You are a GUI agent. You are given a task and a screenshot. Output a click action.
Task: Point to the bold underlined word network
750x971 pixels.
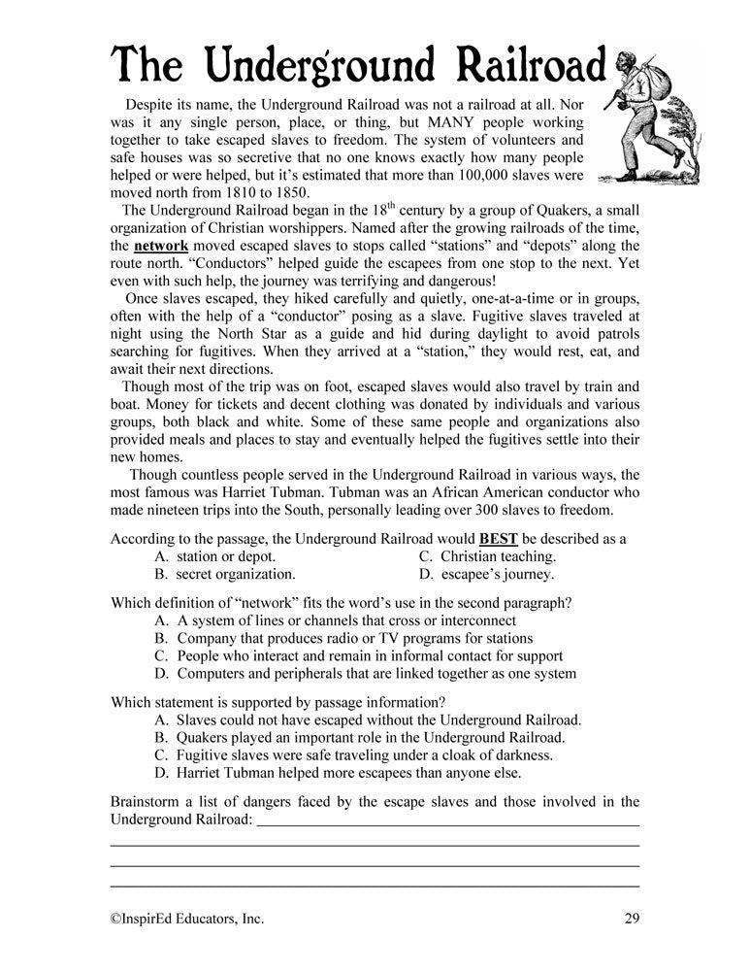pos(161,246)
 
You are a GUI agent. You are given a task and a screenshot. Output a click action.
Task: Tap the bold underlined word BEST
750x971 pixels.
pos(500,538)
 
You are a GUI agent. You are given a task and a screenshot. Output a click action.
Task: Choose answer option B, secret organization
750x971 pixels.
pos(224,574)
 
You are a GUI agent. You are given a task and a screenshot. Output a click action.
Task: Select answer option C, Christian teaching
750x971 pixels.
pos(487,556)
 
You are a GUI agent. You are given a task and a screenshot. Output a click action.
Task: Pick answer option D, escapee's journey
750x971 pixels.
pos(486,574)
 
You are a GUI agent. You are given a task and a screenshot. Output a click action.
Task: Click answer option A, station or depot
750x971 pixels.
pos(214,556)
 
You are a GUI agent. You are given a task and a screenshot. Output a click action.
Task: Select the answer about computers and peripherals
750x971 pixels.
pos(364,673)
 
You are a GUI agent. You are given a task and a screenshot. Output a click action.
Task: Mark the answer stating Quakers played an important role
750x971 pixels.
pos(358,737)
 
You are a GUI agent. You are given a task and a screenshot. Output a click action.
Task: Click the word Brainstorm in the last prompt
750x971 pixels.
pos(150,801)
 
